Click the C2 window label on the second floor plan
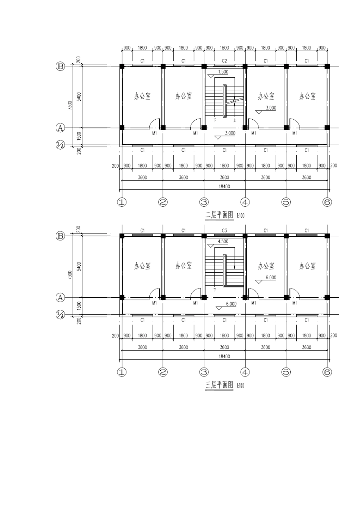click(x=224, y=61)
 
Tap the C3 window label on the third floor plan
click(x=224, y=230)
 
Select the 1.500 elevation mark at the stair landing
click(x=223, y=72)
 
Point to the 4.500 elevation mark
click(x=223, y=242)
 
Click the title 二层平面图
click(x=219, y=215)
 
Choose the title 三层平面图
click(x=219, y=385)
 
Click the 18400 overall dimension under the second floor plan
click(x=224, y=187)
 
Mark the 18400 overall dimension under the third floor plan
click(x=224, y=356)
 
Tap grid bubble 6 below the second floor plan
click(x=327, y=202)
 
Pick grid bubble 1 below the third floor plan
click(x=122, y=372)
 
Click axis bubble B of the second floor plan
click(x=60, y=66)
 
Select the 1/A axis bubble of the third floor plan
click(x=60, y=315)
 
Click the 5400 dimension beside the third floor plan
click(x=79, y=266)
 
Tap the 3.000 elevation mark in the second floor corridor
click(x=230, y=133)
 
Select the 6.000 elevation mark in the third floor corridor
click(x=231, y=304)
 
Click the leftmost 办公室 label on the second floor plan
click(x=142, y=96)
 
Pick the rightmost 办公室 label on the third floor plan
click(x=307, y=265)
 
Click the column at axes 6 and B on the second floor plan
click(x=327, y=66)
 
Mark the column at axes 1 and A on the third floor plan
click(x=122, y=297)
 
